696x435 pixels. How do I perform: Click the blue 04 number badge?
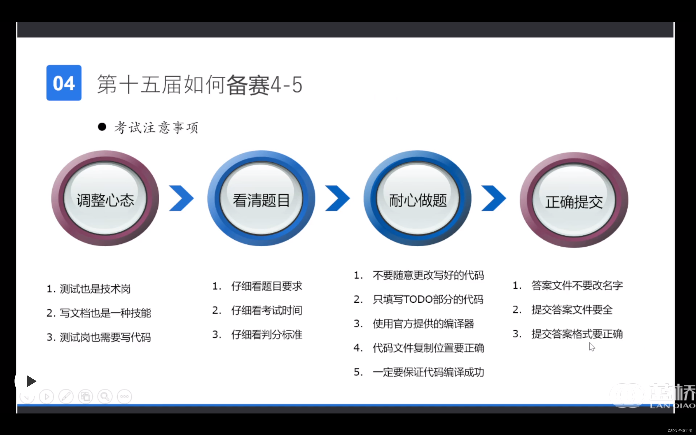tap(64, 83)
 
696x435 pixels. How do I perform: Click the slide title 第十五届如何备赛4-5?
tap(200, 85)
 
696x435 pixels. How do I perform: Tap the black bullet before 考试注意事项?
tap(102, 127)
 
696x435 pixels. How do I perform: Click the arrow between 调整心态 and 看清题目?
tap(181, 198)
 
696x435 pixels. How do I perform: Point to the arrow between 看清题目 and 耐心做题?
tap(337, 198)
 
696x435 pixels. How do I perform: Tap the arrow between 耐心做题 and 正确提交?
tap(493, 198)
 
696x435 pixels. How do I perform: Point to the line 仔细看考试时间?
tap(266, 310)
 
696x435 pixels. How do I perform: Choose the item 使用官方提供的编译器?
tap(423, 324)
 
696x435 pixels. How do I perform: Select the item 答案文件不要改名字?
tap(577, 285)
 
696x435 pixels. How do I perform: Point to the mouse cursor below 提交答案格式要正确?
tap(592, 347)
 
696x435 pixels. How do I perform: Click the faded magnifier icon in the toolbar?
tap(105, 397)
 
